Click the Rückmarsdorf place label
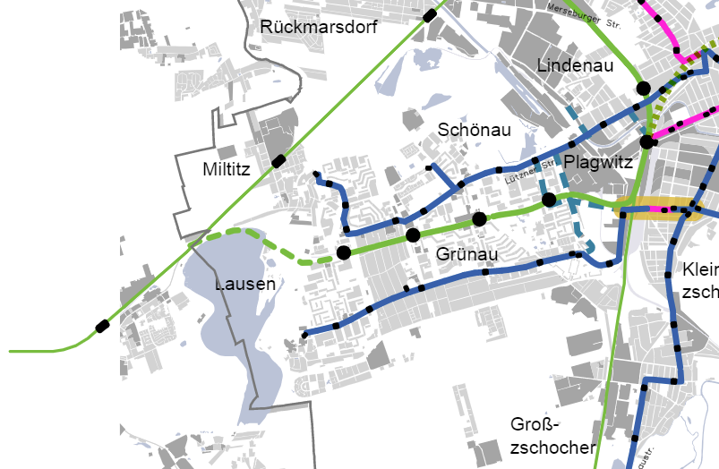tap(319, 28)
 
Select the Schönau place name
tap(474, 131)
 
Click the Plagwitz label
tap(598, 163)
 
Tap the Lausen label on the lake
tap(244, 285)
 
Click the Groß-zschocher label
tap(552, 436)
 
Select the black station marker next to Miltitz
tap(279, 161)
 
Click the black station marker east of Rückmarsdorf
tap(431, 15)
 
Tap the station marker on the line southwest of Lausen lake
tap(103, 326)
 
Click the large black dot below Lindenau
tap(643, 88)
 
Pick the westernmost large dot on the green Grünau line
tap(344, 253)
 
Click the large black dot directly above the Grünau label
tap(479, 219)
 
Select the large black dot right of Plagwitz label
tap(646, 142)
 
